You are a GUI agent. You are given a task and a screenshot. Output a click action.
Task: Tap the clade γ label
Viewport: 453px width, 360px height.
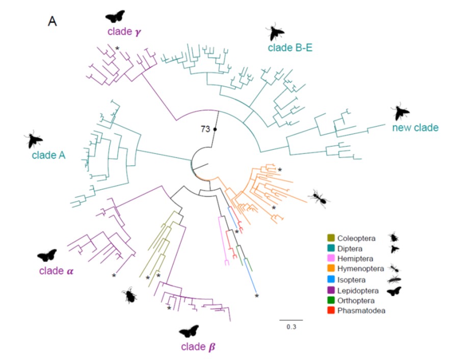point(124,32)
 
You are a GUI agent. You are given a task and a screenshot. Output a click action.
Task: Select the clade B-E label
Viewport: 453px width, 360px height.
point(290,48)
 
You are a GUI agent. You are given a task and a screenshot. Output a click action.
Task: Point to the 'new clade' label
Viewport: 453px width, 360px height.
point(415,127)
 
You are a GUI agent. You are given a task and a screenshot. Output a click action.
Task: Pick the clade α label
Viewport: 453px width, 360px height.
point(56,271)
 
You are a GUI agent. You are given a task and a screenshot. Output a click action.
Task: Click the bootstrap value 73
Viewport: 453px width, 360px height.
point(206,129)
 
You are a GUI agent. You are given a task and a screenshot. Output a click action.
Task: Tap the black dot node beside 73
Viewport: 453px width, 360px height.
point(215,130)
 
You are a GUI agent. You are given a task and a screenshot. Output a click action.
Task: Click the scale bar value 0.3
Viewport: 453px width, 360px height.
point(291,327)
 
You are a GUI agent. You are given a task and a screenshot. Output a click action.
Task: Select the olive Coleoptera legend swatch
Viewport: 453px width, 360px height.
point(331,237)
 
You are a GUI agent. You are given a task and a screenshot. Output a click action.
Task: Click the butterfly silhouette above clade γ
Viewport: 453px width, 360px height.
point(115,16)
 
